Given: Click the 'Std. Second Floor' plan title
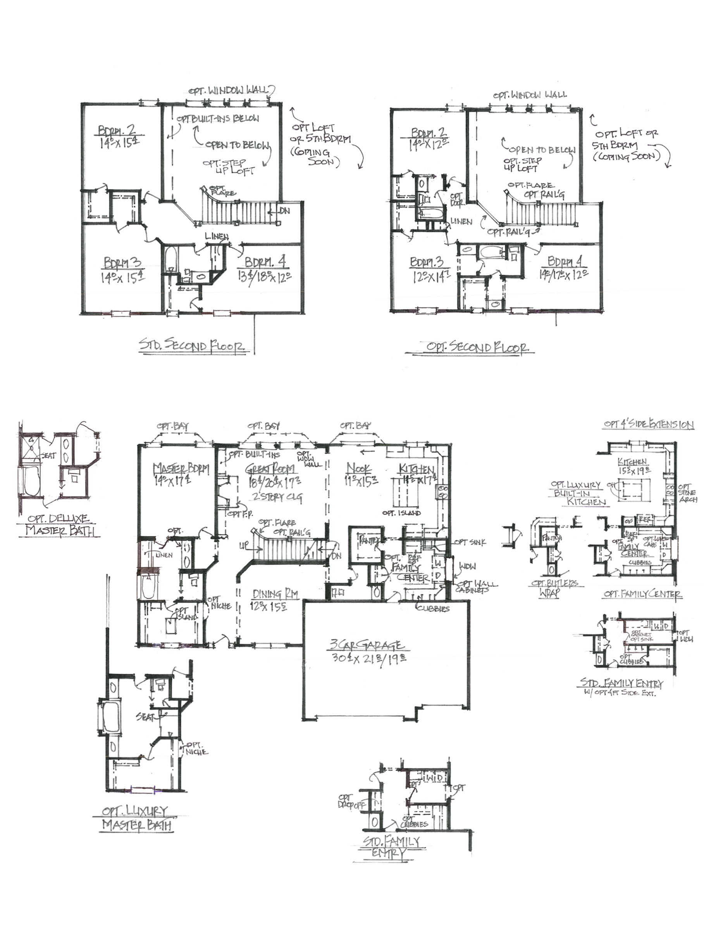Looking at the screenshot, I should click(192, 345).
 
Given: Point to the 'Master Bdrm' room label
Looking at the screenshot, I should click(181, 469).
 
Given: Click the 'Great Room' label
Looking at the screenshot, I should click(270, 469).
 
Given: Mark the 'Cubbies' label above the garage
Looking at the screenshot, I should click(432, 609).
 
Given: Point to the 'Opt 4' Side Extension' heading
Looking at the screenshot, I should click(648, 425).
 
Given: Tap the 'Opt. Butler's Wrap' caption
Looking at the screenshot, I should click(556, 588).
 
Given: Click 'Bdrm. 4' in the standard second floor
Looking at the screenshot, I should click(266, 263).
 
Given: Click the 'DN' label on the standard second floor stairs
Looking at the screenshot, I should click(284, 211).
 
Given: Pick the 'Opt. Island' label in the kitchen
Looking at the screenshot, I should click(401, 513).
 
